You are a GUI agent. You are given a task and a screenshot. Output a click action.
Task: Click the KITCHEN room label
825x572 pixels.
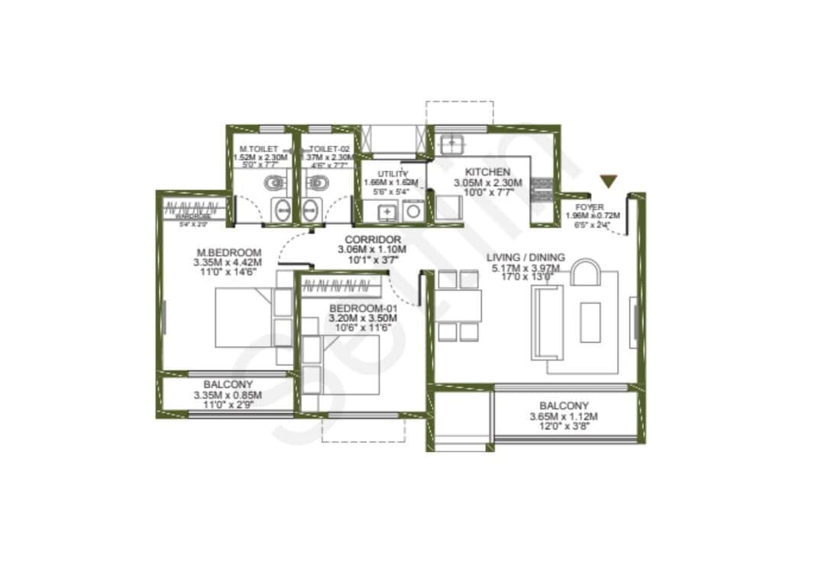(x=487, y=172)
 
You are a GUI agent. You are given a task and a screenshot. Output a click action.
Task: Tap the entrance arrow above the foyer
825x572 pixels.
(x=608, y=181)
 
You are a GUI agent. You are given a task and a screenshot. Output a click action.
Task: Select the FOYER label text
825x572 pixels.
(x=590, y=207)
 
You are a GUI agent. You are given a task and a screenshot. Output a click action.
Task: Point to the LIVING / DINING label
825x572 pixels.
(x=526, y=257)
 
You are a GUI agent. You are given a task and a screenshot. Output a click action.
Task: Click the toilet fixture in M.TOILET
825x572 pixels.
(x=273, y=183)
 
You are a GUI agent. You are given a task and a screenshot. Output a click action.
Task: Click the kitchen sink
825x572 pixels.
(x=453, y=142)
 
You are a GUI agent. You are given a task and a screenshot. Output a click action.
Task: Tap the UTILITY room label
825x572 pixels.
(x=393, y=174)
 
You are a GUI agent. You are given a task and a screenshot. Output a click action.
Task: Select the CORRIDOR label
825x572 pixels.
(x=373, y=239)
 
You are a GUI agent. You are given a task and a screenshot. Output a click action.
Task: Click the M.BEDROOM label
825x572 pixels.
(x=228, y=253)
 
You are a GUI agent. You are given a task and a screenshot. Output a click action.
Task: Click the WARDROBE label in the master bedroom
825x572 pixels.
(x=195, y=216)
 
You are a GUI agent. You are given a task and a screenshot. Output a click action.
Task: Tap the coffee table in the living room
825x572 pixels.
(x=590, y=322)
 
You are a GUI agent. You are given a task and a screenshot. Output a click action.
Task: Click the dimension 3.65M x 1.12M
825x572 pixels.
(x=564, y=416)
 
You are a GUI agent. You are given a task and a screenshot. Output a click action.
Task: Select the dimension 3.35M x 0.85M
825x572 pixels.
(x=228, y=395)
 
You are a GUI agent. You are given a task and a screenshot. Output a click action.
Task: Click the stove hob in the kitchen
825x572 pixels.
(x=542, y=188)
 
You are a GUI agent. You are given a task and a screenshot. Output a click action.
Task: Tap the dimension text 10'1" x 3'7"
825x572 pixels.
(x=373, y=259)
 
